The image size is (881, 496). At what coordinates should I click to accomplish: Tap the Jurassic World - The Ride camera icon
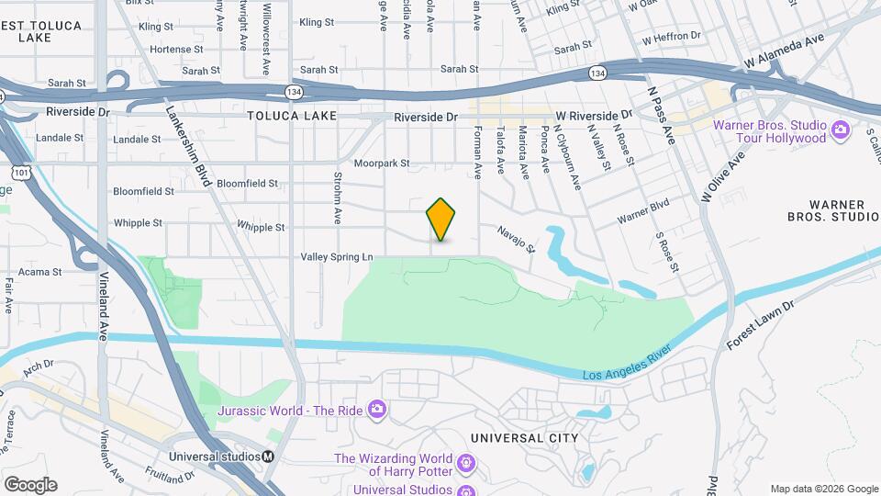[376, 410]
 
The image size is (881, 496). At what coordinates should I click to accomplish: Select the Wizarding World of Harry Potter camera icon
[466, 461]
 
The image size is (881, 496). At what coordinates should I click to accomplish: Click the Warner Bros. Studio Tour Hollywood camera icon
[839, 131]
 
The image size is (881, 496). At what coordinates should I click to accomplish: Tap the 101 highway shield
[20, 172]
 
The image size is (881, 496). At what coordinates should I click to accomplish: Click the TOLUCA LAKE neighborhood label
[291, 117]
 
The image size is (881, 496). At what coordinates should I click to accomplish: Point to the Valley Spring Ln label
[337, 258]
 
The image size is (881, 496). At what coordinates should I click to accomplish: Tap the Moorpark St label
[381, 163]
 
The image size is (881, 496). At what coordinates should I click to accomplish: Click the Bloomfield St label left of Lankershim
[143, 191]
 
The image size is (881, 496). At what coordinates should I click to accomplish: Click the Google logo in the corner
[30, 484]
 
